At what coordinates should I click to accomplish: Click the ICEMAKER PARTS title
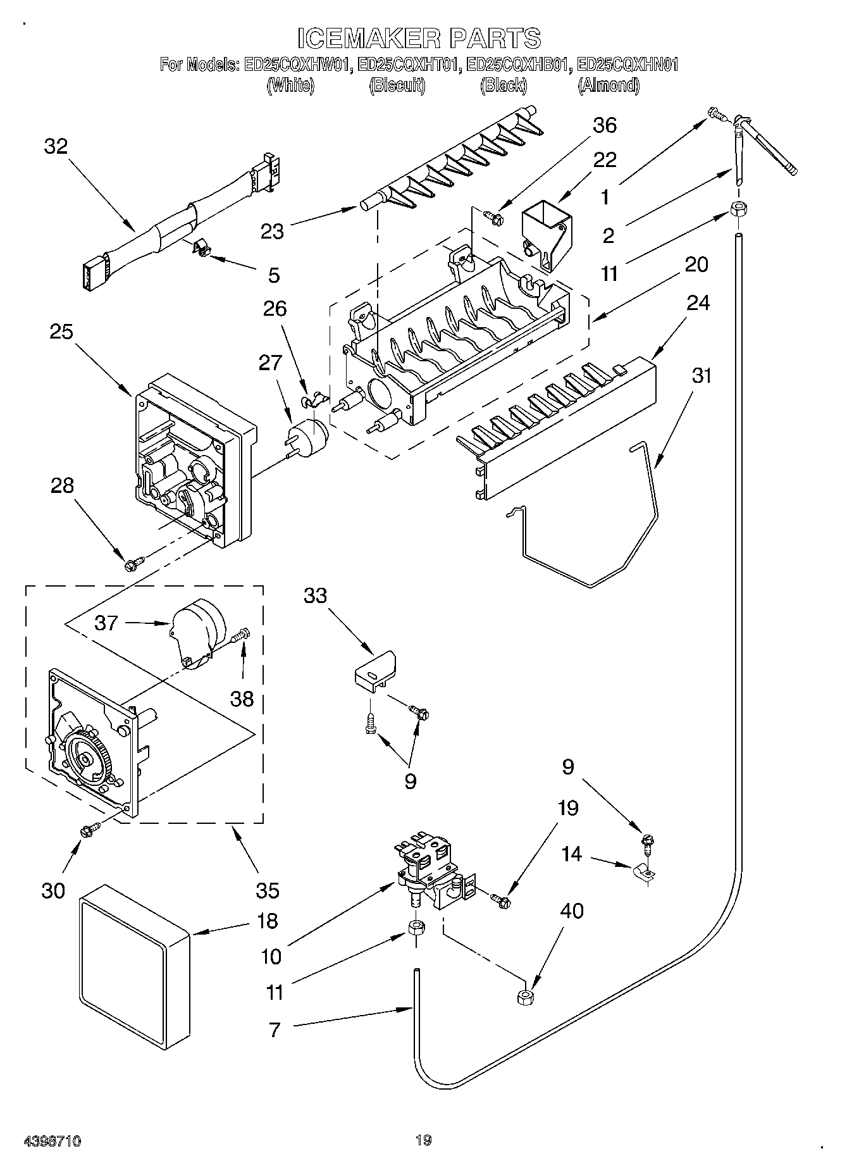point(419,38)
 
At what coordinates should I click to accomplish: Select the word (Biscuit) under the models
point(397,85)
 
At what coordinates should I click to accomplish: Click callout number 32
point(56,147)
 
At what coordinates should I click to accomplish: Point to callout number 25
point(61,332)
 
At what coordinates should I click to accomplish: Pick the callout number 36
point(604,126)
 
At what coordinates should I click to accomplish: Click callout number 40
point(571,911)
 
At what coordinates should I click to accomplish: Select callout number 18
point(268,921)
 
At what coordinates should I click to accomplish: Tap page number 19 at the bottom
point(423,1141)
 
